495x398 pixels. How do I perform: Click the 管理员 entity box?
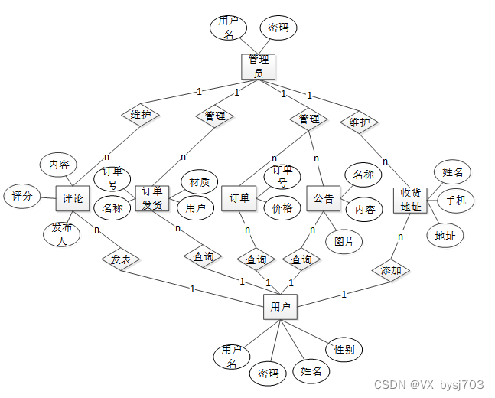click(257, 66)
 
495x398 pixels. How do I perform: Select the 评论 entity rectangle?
click(73, 198)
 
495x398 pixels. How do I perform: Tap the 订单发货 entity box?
click(151, 198)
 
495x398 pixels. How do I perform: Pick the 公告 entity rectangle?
click(324, 198)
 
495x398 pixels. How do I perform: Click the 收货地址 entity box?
click(410, 201)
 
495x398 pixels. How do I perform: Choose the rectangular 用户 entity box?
click(280, 307)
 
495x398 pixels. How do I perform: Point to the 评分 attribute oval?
click(22, 196)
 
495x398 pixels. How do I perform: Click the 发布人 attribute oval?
click(62, 233)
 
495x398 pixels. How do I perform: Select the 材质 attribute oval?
click(199, 182)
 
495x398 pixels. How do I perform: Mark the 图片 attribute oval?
click(344, 242)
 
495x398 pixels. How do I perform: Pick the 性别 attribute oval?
click(344, 350)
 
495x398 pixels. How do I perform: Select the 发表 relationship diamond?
click(121, 259)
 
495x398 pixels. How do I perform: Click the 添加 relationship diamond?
click(391, 270)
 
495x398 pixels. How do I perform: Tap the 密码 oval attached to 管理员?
click(277, 28)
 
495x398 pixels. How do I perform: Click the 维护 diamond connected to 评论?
click(140, 115)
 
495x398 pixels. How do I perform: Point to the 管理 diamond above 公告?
click(308, 119)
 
